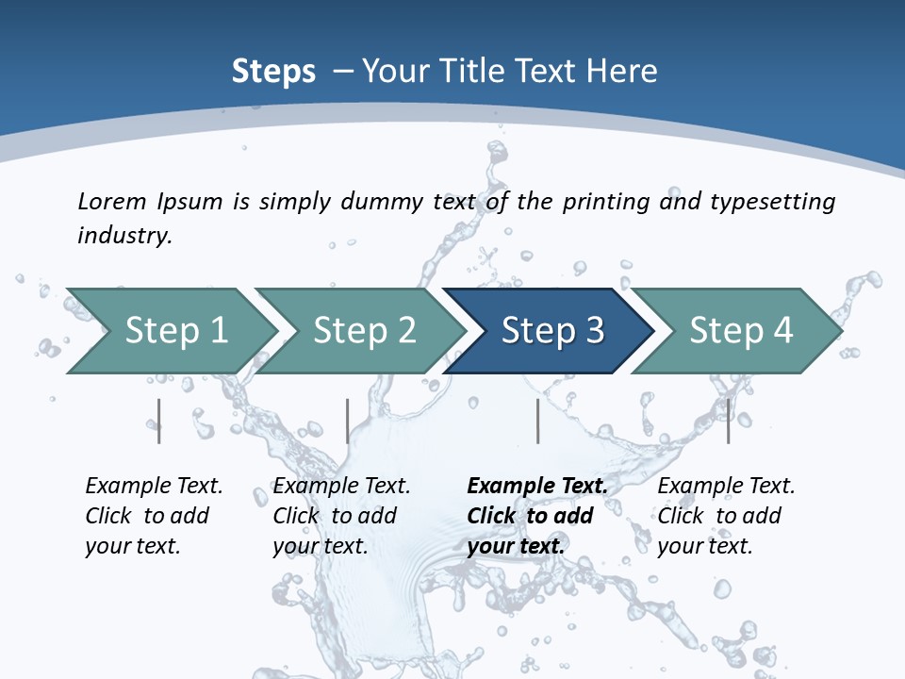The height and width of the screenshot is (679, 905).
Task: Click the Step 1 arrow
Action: (x=175, y=331)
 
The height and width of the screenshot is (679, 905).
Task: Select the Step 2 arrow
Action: (x=364, y=331)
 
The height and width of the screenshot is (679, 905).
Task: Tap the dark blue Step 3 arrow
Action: (x=552, y=331)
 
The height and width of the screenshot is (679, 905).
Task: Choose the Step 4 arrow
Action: (x=741, y=331)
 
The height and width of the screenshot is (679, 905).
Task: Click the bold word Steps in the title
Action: (x=273, y=72)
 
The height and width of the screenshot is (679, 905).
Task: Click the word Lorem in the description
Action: (x=112, y=201)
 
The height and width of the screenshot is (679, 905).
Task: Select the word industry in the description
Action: (x=123, y=235)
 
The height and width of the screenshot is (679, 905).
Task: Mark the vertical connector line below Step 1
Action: (x=159, y=421)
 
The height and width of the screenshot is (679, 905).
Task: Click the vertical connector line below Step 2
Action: (x=347, y=421)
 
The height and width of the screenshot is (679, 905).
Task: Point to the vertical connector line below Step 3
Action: (x=537, y=421)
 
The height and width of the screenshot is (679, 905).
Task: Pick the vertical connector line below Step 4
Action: (x=728, y=421)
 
